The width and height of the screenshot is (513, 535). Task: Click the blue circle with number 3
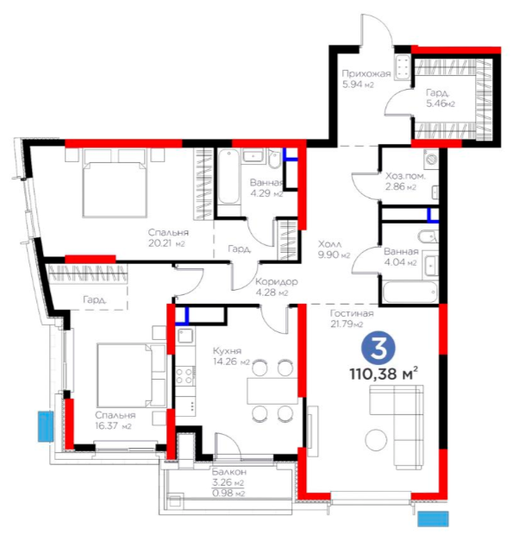tap(378, 348)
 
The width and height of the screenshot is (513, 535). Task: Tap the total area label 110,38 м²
tap(384, 374)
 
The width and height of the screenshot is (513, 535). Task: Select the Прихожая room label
tap(366, 73)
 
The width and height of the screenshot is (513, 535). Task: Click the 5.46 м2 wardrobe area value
tap(441, 104)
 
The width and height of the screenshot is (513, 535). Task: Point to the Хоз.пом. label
tap(405, 176)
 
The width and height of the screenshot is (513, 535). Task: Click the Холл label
tap(329, 244)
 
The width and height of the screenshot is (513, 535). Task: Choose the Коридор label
tap(277, 282)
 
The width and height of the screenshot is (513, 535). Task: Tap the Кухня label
tap(227, 350)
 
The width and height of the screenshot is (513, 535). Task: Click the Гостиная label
tap(352, 313)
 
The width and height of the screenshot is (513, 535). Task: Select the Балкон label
tap(229, 472)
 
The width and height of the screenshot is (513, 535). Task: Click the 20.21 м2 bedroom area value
tap(166, 243)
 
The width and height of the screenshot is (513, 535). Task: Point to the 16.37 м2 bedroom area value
tap(113, 426)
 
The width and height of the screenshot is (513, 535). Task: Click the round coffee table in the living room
tap(376, 440)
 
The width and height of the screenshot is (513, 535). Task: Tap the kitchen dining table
tap(272, 391)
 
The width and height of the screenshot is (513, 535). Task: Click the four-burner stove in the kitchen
tap(185, 376)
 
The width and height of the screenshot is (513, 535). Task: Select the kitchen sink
tap(185, 336)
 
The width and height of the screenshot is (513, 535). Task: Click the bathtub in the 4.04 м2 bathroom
tap(410, 292)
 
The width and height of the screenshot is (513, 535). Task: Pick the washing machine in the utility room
tap(431, 159)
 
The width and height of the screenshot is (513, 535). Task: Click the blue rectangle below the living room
tap(433, 519)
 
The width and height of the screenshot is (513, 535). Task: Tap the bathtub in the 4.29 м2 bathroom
tap(228, 177)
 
